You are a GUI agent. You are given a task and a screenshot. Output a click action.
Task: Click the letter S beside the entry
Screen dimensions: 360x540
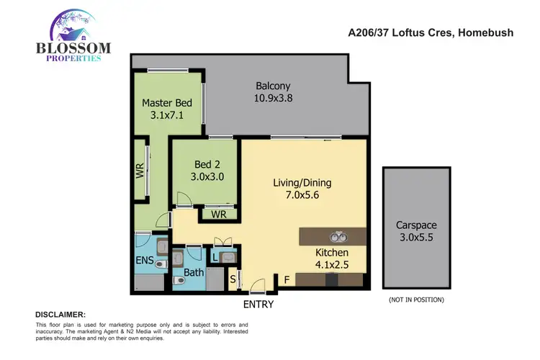pyautogui.click(x=232, y=278)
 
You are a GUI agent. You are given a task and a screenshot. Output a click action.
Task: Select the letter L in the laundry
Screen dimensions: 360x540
pyautogui.click(x=215, y=255)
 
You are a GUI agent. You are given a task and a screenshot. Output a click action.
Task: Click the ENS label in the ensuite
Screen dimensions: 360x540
pyautogui.click(x=144, y=261)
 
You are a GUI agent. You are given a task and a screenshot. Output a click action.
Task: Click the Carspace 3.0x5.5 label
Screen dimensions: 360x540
pyautogui.click(x=415, y=230)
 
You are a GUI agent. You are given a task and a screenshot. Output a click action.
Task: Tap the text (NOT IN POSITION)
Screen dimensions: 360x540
pyautogui.click(x=415, y=299)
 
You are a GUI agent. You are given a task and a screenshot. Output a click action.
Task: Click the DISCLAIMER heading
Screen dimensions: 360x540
pyautogui.click(x=60, y=315)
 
